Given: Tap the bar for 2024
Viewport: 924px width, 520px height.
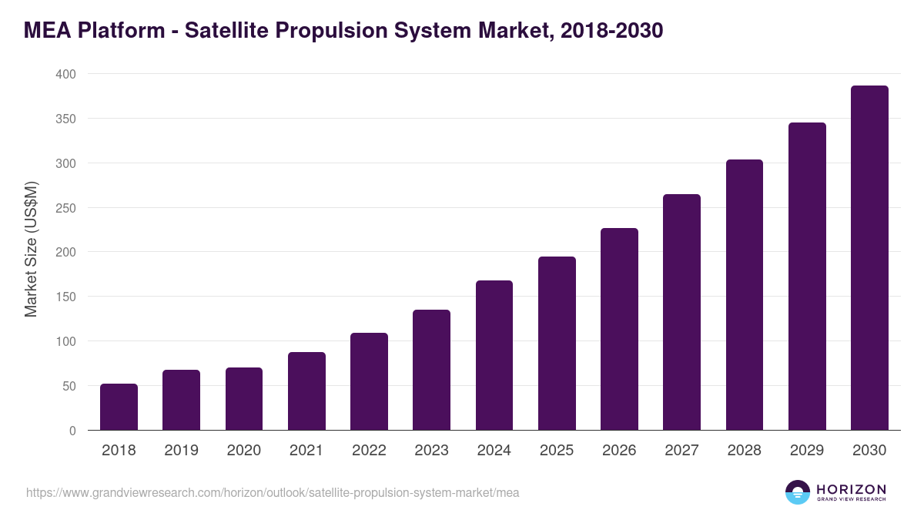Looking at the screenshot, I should [494, 355].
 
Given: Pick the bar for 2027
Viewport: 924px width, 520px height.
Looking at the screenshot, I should [681, 312].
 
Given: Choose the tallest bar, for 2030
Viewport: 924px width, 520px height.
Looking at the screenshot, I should [869, 258].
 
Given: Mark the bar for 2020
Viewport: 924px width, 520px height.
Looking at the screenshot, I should [244, 399].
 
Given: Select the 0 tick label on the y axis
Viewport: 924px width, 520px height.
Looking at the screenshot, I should [72, 431].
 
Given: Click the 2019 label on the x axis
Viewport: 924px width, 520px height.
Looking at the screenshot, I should [181, 451].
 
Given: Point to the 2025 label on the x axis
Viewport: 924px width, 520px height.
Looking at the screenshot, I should [557, 451].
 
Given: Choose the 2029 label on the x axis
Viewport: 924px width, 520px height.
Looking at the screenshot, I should [807, 451].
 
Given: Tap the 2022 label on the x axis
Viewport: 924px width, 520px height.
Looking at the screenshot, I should [369, 451].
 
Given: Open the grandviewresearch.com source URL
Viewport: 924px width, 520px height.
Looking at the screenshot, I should [273, 492].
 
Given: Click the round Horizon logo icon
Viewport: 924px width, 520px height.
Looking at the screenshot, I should [798, 492].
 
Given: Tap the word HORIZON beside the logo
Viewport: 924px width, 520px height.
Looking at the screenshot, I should [851, 488].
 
